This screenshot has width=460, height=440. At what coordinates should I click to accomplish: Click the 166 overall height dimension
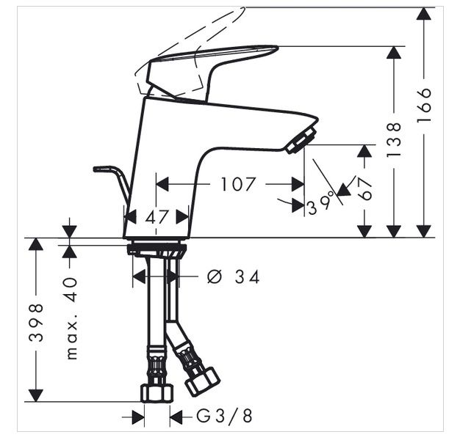[424, 105]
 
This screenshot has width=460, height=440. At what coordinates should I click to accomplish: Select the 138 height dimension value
[394, 139]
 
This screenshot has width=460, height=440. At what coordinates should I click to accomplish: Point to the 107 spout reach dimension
[237, 184]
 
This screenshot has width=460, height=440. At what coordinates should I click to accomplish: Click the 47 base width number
[157, 217]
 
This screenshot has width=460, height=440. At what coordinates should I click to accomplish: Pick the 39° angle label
[320, 203]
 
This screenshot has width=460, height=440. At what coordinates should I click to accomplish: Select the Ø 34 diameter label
[234, 277]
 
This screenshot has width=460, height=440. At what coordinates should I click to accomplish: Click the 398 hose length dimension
[37, 323]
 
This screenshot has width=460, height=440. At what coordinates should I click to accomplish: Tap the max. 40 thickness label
[71, 318]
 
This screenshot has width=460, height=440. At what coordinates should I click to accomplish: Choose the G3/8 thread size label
[224, 416]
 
